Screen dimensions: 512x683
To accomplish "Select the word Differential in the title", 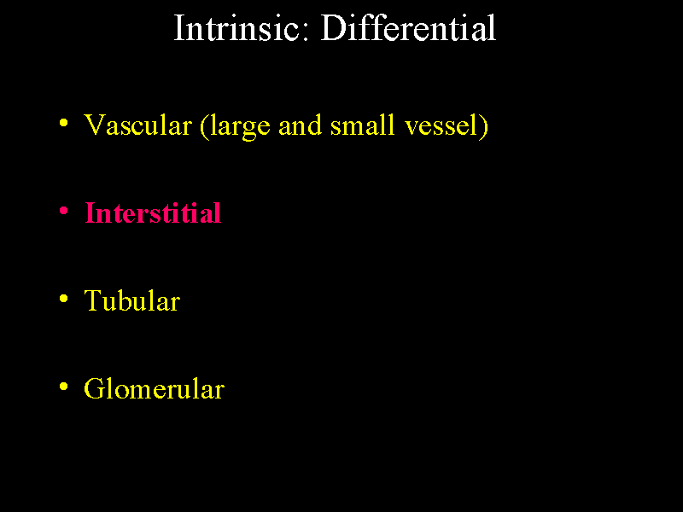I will pyautogui.click(x=408, y=28).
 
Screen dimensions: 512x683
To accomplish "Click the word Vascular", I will pyautogui.click(x=137, y=125).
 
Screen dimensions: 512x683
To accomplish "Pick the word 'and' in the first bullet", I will pyautogui.click(x=301, y=125).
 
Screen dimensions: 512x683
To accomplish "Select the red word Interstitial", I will pyautogui.click(x=154, y=213).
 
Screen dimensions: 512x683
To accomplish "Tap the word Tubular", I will pyautogui.click(x=132, y=301).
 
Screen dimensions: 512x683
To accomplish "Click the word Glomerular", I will pyautogui.click(x=155, y=389).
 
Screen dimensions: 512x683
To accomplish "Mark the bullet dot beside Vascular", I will pyautogui.click(x=63, y=124).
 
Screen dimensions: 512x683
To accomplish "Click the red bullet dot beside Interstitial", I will pyautogui.click(x=63, y=212).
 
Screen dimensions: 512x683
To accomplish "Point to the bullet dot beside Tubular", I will pyautogui.click(x=63, y=300).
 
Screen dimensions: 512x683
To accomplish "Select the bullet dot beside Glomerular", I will pyautogui.click(x=63, y=387).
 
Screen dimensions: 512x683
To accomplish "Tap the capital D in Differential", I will pyautogui.click(x=333, y=28).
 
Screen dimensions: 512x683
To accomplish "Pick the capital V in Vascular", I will pyautogui.click(x=95, y=125).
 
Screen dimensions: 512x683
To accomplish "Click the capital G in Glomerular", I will pyautogui.click(x=96, y=389).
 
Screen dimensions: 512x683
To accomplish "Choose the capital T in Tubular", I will pyautogui.click(x=93, y=301).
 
